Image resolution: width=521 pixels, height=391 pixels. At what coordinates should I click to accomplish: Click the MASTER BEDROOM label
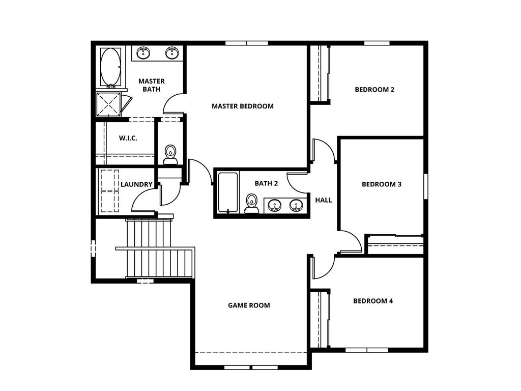coord(242,106)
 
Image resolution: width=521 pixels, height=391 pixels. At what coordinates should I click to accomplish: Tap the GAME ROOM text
coord(249,305)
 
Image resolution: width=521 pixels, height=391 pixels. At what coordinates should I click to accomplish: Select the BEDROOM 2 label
coord(374,90)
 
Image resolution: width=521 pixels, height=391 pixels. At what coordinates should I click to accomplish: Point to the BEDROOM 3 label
coord(381,184)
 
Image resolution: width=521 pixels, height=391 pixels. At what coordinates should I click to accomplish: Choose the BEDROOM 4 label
coord(373,301)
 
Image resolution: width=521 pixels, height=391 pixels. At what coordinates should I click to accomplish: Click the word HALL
coord(323,200)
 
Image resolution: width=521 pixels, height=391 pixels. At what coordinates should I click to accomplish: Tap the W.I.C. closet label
coord(128,138)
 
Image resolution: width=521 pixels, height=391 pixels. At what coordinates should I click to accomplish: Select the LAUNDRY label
coord(136,184)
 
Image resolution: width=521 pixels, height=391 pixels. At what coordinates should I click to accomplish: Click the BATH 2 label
coord(266,183)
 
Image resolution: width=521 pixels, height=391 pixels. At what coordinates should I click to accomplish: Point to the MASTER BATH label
coord(151,85)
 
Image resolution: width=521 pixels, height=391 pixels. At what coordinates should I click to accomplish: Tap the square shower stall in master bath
coord(108,104)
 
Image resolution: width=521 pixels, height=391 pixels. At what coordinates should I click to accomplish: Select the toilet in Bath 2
coord(251,203)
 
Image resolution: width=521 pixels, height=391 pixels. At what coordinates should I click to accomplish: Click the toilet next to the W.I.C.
coord(170,154)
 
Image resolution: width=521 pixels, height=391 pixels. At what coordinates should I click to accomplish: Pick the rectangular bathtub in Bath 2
coord(227,193)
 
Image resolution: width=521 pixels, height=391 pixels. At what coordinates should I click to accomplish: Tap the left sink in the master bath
coord(143,52)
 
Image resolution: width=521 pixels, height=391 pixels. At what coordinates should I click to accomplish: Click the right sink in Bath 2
coord(296,206)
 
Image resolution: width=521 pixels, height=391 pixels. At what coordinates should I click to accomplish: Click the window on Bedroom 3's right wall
coord(425,186)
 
